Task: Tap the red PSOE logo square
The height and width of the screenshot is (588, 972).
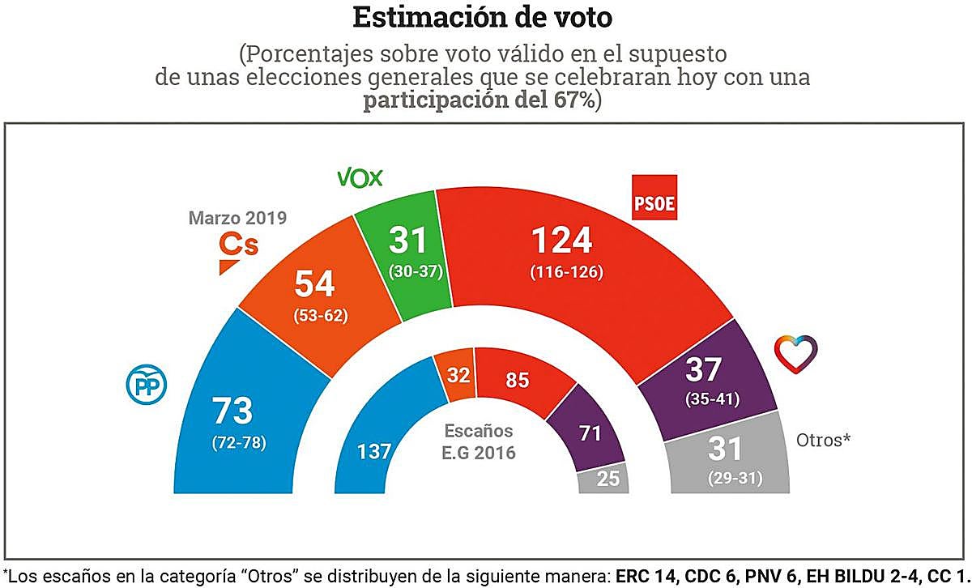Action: (x=653, y=198)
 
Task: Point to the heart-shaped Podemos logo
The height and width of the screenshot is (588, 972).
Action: (x=795, y=351)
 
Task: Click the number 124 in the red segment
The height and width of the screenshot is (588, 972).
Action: (x=561, y=241)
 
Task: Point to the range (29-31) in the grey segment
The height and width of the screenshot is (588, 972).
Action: (x=735, y=478)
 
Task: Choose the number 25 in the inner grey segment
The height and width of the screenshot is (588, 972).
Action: (x=607, y=479)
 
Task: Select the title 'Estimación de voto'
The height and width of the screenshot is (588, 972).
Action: (x=484, y=17)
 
